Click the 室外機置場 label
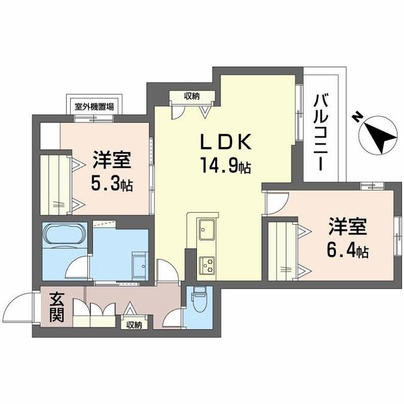click(94, 107)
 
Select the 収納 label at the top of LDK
click(192, 96)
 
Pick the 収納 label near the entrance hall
click(134, 325)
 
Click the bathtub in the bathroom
click(63, 234)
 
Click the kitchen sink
click(206, 228)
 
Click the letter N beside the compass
click(357, 117)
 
